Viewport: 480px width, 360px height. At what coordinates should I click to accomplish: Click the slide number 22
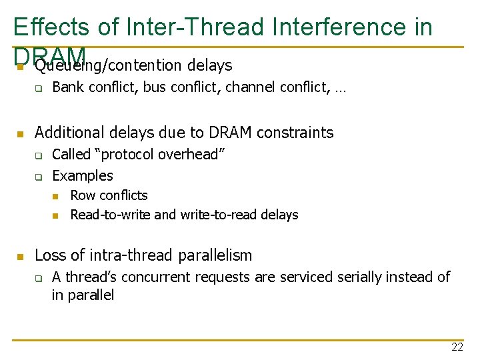click(457, 347)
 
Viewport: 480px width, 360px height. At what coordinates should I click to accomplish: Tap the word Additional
click(69, 133)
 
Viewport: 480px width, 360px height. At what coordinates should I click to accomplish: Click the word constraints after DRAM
click(295, 133)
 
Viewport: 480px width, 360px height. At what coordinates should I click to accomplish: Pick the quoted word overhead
click(193, 155)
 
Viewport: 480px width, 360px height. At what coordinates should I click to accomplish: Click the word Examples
click(83, 176)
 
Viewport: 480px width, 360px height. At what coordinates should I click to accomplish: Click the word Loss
click(49, 255)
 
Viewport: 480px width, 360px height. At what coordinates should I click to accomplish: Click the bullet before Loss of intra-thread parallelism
click(21, 256)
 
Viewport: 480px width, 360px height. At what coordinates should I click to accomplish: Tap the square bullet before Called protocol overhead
click(39, 155)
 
